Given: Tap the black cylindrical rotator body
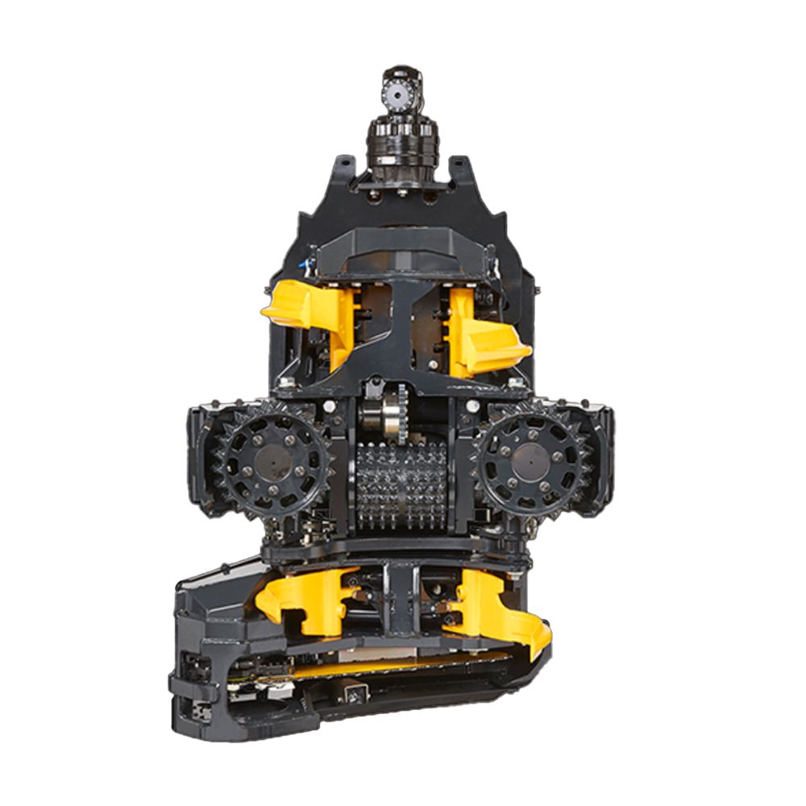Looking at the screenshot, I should pyautogui.click(x=401, y=145).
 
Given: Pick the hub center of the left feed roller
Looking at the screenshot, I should pyautogui.click(x=273, y=465).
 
